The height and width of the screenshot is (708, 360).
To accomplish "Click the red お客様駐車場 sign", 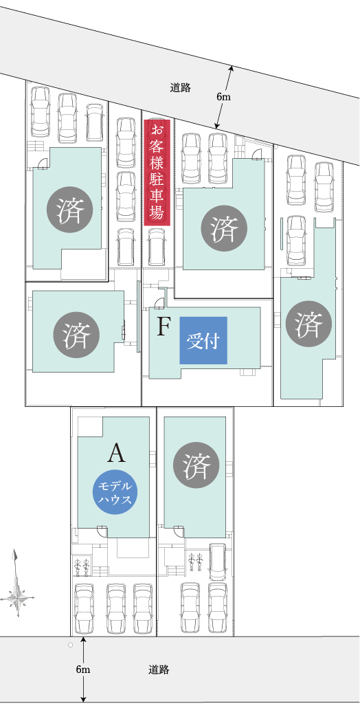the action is tap(157, 173).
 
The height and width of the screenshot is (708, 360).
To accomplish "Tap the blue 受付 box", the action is tap(203, 340).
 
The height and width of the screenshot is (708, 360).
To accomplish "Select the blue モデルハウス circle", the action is tap(115, 493).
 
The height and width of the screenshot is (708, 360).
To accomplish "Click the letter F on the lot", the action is tap(163, 327).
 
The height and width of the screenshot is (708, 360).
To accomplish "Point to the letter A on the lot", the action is tap(116, 454).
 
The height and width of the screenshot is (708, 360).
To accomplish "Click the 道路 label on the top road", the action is tap(181, 87).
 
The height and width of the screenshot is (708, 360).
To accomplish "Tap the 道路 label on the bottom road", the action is tap(159, 670).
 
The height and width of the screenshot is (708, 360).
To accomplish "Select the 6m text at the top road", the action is tap(223, 97).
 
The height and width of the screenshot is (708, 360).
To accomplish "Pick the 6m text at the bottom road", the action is tap(83, 670).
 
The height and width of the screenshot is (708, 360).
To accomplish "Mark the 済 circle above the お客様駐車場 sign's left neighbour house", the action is tap(70, 210).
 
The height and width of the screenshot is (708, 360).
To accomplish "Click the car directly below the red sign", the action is tap(157, 247).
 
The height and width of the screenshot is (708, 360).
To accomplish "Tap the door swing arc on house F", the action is tap(159, 303).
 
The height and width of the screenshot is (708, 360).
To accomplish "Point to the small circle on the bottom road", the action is tap(70, 645).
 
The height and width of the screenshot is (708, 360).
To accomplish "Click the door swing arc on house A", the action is tap(103, 532).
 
